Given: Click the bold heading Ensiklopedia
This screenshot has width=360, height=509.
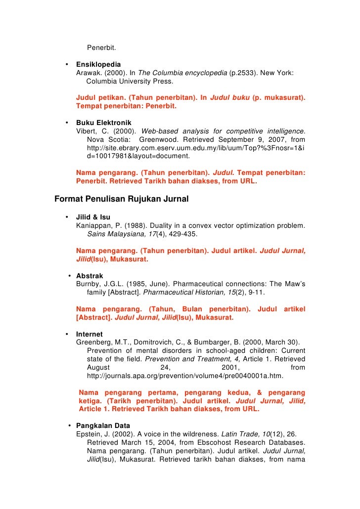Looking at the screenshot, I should pyautogui.click(x=98, y=65).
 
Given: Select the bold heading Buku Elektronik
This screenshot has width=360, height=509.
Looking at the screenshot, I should pyautogui.click(x=104, y=123).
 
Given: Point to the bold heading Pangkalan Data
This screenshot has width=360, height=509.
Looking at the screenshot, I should pyautogui.click(x=103, y=425).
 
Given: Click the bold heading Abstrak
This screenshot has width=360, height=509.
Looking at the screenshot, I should pyautogui.click(x=90, y=276).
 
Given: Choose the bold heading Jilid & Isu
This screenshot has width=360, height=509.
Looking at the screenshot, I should pyautogui.click(x=93, y=217).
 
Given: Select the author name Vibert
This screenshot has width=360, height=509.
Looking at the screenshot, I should pyautogui.click(x=87, y=131).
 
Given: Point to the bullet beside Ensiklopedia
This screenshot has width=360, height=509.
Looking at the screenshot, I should pyautogui.click(x=66, y=65).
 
